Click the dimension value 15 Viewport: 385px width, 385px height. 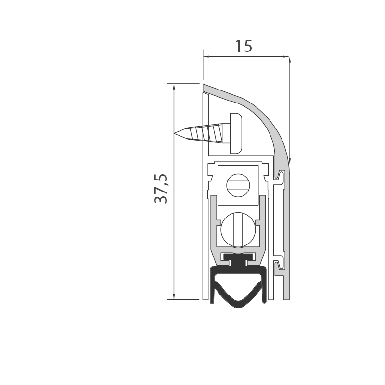point(244,46)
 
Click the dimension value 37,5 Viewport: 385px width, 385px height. point(161,189)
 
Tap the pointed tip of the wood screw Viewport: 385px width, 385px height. point(175,134)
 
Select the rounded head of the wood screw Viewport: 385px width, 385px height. point(236,133)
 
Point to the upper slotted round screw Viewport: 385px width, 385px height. point(238,185)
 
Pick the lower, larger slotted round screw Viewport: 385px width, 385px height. point(238,230)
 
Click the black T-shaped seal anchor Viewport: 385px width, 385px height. point(238,260)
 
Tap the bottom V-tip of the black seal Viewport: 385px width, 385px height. point(238,307)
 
